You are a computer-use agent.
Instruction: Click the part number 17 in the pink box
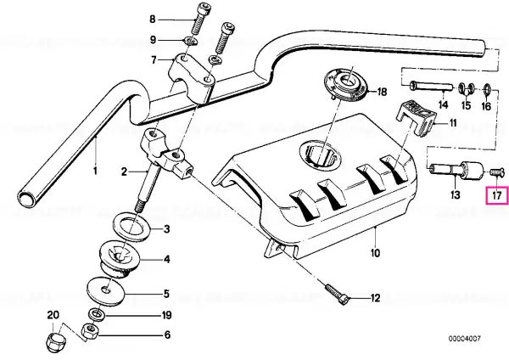pos(497,197)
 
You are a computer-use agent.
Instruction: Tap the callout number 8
pos(153,19)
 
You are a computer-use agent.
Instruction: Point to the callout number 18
pos(381,91)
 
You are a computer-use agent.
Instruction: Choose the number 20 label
pos(53,315)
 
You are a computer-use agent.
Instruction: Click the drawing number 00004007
pos(463,338)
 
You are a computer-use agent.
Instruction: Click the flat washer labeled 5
pos(107,292)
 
